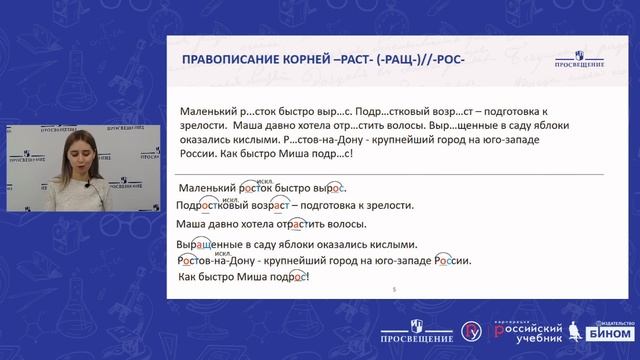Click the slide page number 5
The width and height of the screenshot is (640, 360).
[395, 288]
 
